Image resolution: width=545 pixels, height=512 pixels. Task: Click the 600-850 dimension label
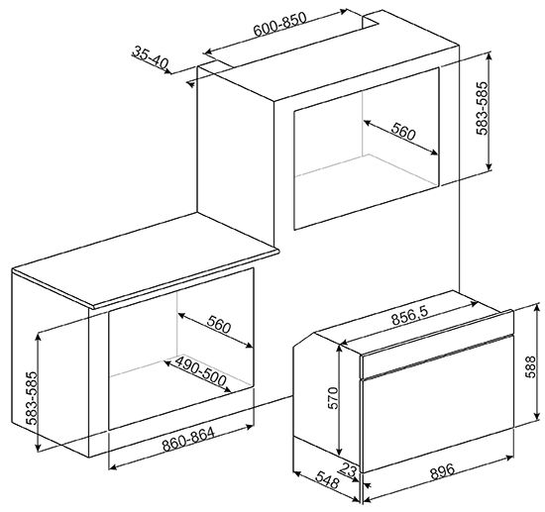point(279,24)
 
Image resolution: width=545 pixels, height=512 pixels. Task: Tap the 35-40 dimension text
point(151,57)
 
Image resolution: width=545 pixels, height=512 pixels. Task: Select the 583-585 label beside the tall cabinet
point(483,108)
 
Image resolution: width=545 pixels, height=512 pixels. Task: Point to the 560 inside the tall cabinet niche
point(403,132)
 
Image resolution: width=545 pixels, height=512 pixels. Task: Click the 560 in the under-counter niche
point(219,325)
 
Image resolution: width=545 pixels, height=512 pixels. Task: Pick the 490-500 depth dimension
point(200,370)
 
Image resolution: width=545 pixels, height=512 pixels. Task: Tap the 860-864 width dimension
point(188,439)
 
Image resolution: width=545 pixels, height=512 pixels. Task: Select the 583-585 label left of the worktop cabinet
point(32,398)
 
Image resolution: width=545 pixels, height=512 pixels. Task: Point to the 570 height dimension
point(333,398)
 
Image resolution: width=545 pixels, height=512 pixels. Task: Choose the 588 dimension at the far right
point(530,366)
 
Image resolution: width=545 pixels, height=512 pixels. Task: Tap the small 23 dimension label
point(349,469)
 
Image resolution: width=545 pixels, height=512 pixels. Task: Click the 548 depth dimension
point(327,479)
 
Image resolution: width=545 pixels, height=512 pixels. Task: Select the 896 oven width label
point(443,471)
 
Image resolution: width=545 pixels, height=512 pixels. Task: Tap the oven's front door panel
point(438,419)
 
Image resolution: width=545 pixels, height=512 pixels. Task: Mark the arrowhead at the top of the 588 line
point(538,307)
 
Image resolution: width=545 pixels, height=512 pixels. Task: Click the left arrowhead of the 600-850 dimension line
point(207,52)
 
